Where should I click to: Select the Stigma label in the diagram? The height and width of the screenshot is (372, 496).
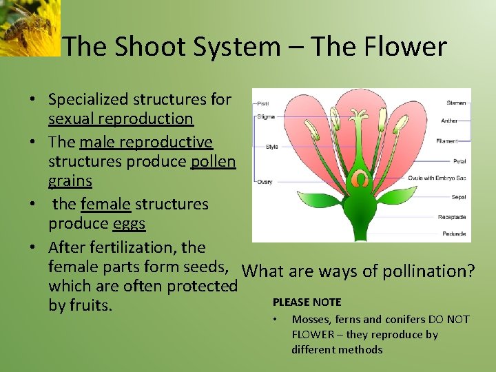click(x=266, y=116)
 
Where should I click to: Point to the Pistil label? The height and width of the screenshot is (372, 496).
click(x=263, y=103)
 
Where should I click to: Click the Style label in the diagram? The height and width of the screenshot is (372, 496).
click(x=271, y=146)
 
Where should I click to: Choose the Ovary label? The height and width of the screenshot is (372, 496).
click(x=265, y=182)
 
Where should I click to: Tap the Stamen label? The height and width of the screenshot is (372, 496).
click(x=456, y=103)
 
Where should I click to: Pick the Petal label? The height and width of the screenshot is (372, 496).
click(x=459, y=161)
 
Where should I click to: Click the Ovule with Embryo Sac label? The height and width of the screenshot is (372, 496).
click(x=437, y=178)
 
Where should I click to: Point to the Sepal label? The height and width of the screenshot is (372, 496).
click(x=459, y=197)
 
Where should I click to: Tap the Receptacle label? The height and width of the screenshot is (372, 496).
click(x=452, y=217)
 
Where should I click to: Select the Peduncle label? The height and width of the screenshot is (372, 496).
click(x=454, y=234)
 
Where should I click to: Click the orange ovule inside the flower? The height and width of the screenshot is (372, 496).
click(x=359, y=180)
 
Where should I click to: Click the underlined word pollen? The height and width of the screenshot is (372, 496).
click(x=211, y=162)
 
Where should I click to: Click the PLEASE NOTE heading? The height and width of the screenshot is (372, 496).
click(x=307, y=302)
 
